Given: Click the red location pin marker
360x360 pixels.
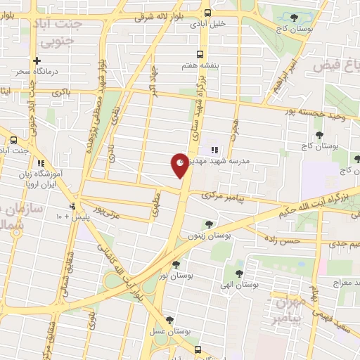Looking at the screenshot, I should coord(180,165).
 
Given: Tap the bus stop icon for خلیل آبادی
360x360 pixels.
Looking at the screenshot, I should coord(207,13).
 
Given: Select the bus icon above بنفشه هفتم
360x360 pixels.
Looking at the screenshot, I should coord(200,54).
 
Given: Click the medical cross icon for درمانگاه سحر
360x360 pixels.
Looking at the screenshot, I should coord(37,61).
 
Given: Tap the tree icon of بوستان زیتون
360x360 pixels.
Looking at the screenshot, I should coord(208,224).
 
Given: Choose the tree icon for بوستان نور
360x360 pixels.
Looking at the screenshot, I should coord(175,264).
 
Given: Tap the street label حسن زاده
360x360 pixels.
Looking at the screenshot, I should coord(282,240).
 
